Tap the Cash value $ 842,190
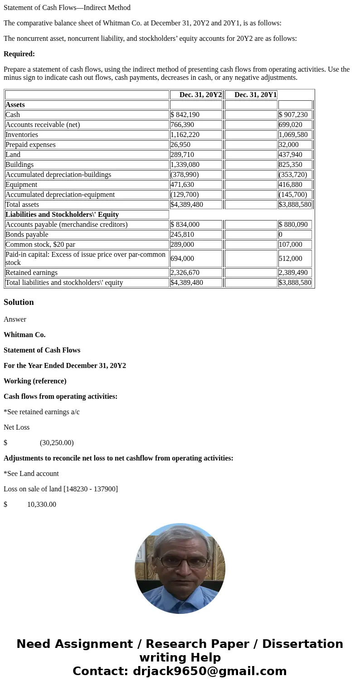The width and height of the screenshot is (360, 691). [x=185, y=115]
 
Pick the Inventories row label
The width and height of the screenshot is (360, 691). [x=22, y=135]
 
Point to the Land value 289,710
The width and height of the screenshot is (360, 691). [x=182, y=155]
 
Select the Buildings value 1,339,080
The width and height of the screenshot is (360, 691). [x=185, y=165]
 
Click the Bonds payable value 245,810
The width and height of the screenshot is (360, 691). [x=182, y=235]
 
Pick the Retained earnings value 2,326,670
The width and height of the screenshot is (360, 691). [x=185, y=273]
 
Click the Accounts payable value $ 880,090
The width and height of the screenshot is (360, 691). [x=293, y=225]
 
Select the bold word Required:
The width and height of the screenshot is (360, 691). [x=19, y=54]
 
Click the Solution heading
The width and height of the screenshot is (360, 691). [x=19, y=302]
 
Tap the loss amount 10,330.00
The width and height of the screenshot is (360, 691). [x=42, y=505]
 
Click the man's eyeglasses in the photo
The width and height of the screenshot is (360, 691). [x=180, y=562]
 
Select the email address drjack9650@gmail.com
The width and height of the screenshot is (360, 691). [x=209, y=671]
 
